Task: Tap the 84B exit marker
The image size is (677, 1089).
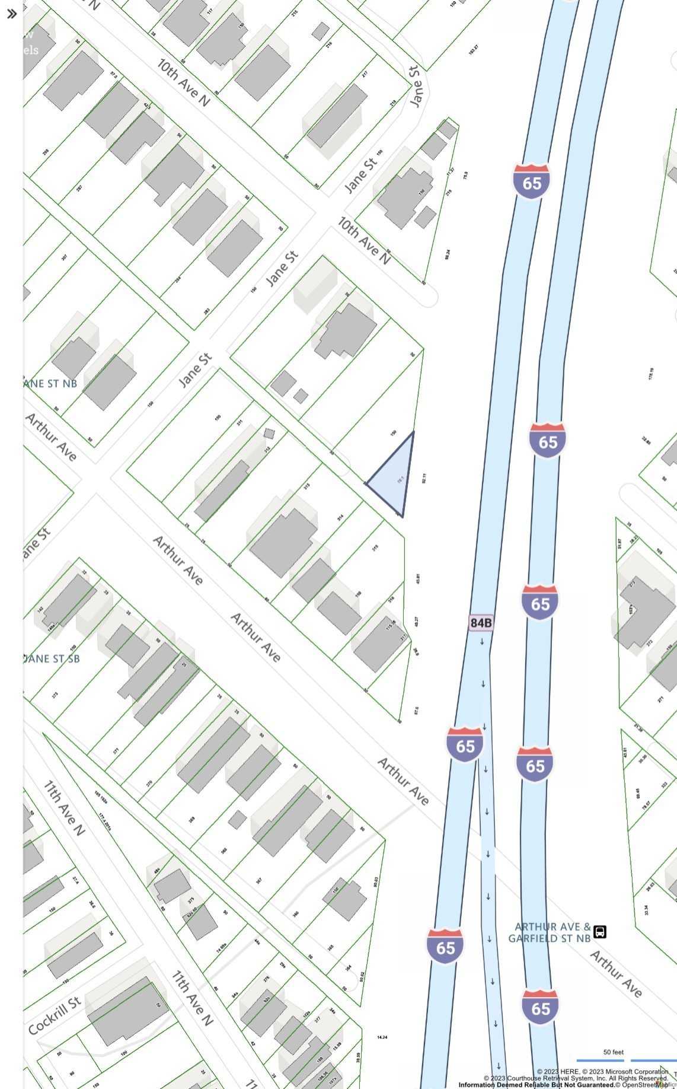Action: [x=481, y=622]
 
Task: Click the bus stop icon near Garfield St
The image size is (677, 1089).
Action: [x=600, y=931]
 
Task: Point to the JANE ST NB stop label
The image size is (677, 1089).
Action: [x=50, y=383]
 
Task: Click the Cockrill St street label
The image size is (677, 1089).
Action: [x=54, y=1016]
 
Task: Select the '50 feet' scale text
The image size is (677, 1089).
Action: [x=614, y=1052]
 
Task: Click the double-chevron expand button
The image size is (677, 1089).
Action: [x=11, y=14]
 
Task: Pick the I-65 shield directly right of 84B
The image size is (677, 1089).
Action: [x=540, y=603]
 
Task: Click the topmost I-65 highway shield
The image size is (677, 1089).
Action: [x=532, y=182]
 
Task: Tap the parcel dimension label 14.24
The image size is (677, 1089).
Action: [x=382, y=1037]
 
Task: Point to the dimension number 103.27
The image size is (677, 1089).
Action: [x=473, y=50]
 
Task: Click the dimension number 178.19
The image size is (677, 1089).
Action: [x=652, y=374]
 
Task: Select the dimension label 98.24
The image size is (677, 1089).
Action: [x=448, y=254]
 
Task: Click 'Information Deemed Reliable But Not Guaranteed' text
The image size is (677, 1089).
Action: [x=536, y=1085]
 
